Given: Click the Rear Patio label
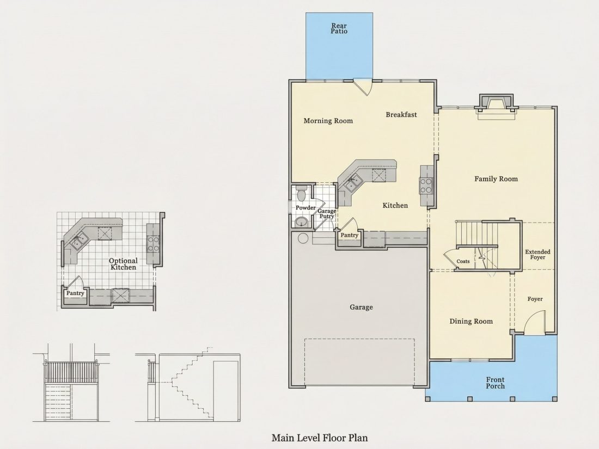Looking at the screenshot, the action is point(339,29).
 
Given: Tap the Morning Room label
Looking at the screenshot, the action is point(328,121).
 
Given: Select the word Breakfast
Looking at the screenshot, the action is point(401,114).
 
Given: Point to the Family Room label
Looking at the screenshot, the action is point(496,179).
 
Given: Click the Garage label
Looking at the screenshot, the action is point(361,307).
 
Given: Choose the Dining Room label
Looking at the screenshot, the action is point(471,322).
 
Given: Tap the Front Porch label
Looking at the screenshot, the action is point(495,383).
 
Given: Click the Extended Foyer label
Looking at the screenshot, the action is point(537,254).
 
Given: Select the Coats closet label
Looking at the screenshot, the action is point(463,262).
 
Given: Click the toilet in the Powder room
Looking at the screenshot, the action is point(302,193).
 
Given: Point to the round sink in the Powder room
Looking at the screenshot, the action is point(302,222).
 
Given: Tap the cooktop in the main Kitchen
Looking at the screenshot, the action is point(426,186).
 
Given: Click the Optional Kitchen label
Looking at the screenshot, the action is point(123,264).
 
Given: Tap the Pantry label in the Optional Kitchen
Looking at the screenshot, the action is point(75,293).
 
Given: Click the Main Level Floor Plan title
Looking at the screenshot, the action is point(320,438).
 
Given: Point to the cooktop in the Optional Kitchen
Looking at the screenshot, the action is point(153,244).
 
